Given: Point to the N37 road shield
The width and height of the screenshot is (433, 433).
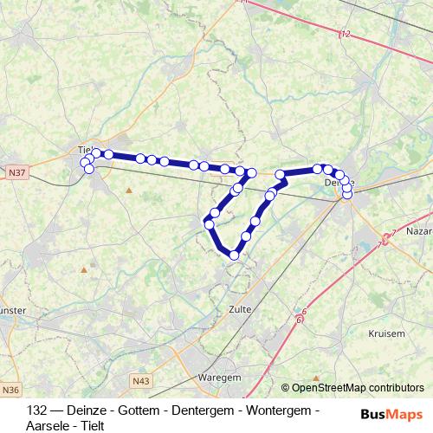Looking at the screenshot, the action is (16, 173).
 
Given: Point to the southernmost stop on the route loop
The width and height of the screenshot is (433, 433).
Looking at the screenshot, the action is (234, 255).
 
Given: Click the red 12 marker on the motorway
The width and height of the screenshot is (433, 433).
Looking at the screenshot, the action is (346, 34).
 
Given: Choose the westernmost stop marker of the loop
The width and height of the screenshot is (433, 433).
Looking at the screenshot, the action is (209, 225).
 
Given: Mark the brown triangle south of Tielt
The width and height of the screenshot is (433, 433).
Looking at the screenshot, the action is (129, 190).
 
